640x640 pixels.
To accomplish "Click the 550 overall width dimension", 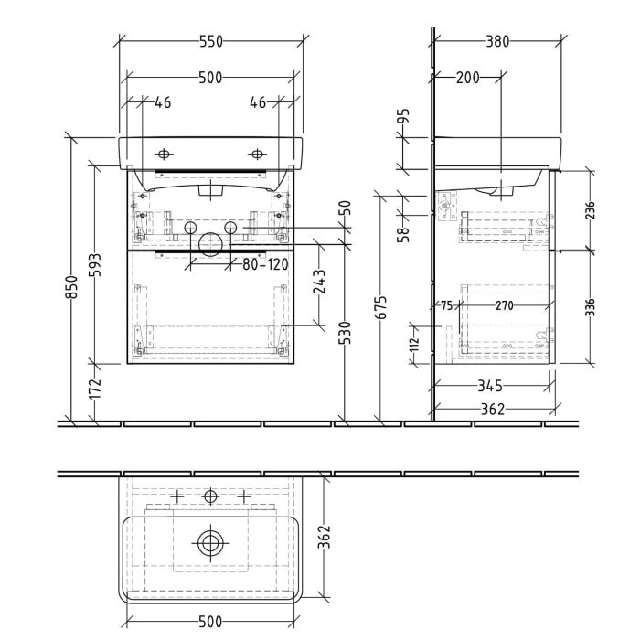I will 210,41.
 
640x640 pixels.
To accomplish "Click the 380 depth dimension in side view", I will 497,41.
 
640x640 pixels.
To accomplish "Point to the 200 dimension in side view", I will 467,78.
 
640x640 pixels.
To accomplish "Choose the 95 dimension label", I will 403,118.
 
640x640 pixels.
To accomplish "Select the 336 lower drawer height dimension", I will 590,304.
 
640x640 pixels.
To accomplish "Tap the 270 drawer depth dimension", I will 504,305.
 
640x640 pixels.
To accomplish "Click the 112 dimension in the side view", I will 413,344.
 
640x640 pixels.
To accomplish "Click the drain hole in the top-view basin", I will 210,544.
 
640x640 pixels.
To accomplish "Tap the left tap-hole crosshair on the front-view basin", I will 165,153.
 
